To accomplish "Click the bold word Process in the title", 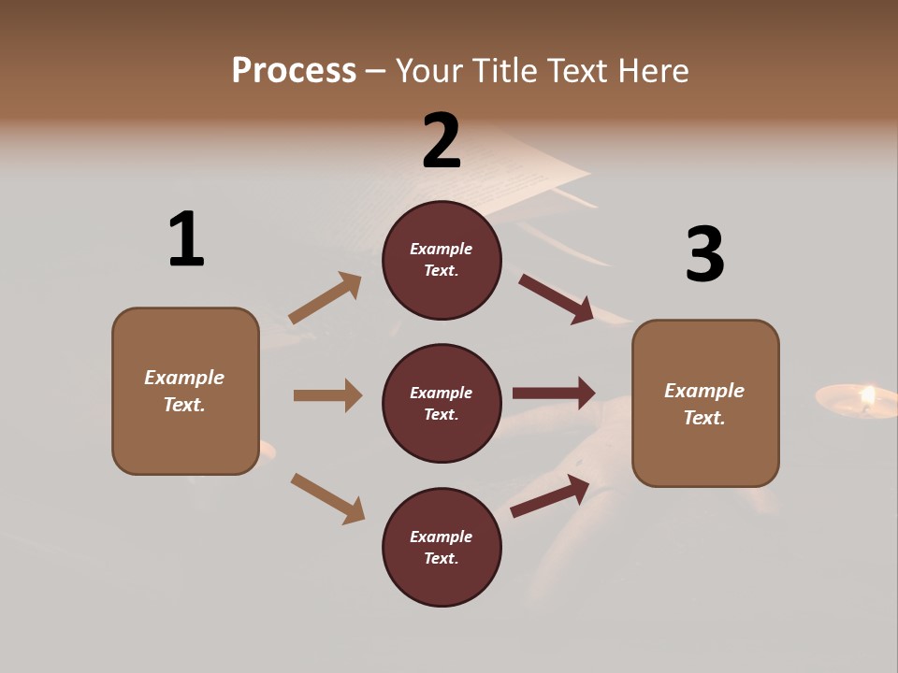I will coord(294,71).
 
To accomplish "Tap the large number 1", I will coord(186,239).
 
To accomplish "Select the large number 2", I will coord(442,141).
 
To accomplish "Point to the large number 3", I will coord(704,254).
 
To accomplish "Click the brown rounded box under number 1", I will coord(185,391).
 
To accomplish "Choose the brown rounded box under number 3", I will coord(705,404).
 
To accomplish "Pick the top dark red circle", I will coord(442,260).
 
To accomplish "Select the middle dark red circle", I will coord(442,403).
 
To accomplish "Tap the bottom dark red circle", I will coord(442,547).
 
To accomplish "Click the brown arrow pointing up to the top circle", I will coord(325,298).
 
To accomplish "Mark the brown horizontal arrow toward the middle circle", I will coord(327,395).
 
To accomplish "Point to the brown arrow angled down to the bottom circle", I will coord(327,498).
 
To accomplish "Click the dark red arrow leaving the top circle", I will coord(556,298).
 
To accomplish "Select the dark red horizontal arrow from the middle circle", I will coord(554,394).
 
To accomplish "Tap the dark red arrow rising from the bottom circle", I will coord(550,496).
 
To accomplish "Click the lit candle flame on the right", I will coord(867,396).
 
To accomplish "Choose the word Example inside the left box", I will coord(184,378).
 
